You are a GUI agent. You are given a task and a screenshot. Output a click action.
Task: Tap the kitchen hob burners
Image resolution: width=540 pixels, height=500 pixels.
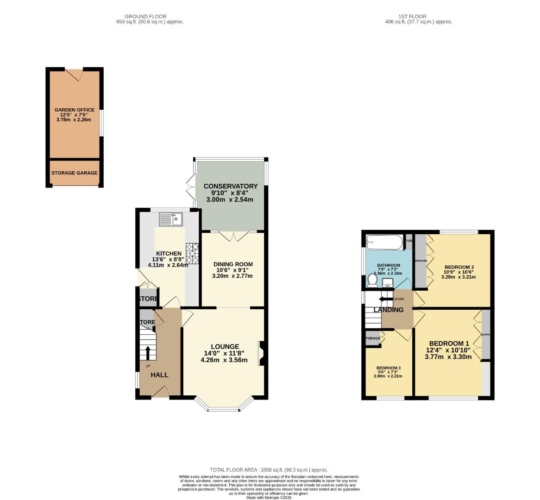tap(192, 254)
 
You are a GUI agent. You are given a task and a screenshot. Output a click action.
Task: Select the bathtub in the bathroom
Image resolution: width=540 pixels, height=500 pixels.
tap(384, 242)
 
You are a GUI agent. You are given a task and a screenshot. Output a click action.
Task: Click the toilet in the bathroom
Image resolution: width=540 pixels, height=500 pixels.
tap(371, 281)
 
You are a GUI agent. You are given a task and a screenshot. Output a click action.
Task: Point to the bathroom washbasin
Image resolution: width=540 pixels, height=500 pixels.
tap(388, 282)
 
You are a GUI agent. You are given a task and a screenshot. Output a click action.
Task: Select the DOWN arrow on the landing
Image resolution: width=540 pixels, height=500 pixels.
tap(384, 299)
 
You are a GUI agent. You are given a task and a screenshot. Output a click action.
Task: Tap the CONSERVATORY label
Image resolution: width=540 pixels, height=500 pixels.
tap(231, 187)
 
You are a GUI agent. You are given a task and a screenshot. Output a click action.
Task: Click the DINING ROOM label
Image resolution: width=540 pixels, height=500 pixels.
tap(233, 264)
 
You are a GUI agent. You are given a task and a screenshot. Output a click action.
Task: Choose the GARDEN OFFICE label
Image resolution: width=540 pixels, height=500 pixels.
tap(75, 110)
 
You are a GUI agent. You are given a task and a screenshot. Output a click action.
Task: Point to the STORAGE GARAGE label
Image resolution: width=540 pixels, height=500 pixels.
tap(75, 173)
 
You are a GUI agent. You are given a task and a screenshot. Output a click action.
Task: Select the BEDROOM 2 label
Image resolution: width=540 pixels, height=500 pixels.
tap(459, 267)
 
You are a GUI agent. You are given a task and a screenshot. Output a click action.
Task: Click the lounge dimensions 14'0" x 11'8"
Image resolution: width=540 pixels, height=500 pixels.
tap(225, 353)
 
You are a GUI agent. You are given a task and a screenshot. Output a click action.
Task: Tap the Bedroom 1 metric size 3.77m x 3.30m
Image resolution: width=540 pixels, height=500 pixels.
tap(448, 357)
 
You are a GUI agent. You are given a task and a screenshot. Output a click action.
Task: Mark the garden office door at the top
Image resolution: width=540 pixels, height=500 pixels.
tap(74, 73)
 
